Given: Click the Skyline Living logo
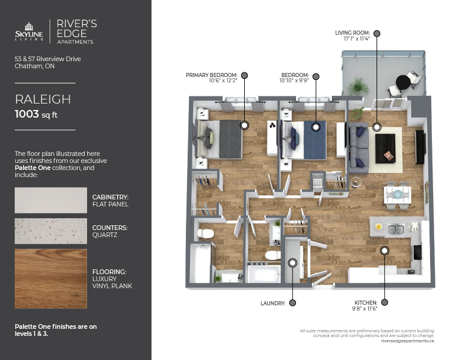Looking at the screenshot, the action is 29,32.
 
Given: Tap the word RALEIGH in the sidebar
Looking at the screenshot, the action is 43,99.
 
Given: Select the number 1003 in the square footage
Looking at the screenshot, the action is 26,114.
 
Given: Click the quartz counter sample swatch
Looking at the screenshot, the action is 51,231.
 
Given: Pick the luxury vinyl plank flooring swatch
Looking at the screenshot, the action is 51,279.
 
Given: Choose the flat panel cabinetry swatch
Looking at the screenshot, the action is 51,200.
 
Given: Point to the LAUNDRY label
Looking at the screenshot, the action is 273,304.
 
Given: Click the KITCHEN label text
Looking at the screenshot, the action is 366,303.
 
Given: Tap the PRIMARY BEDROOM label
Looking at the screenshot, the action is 212,75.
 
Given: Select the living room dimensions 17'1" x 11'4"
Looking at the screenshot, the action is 357,39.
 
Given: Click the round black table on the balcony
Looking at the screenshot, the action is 403,82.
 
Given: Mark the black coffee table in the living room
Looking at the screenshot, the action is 385,148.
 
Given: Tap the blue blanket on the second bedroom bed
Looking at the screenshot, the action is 315,140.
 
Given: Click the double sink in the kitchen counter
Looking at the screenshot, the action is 396,229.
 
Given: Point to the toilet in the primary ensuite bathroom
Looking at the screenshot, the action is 205,234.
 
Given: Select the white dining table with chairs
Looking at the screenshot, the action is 397,195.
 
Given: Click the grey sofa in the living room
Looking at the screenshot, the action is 359,148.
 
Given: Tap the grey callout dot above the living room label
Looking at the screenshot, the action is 377,34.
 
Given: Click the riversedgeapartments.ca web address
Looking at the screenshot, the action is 407,341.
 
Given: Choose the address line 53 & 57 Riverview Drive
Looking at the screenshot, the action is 48,59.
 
